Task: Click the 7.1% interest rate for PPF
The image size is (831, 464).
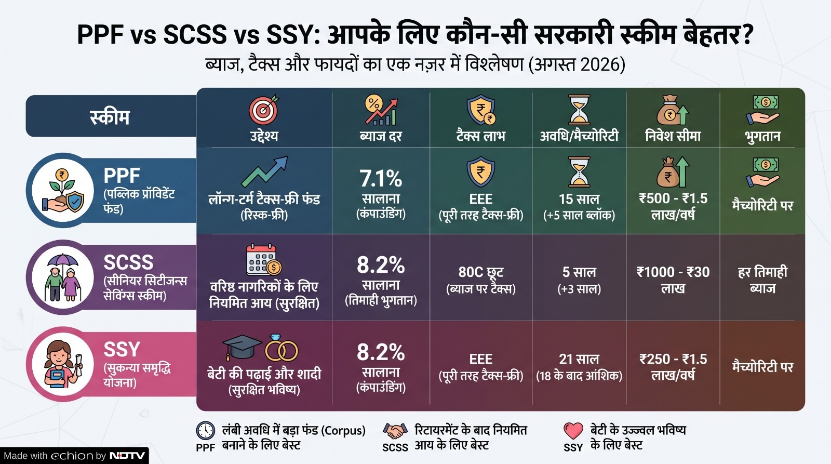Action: tap(381, 179)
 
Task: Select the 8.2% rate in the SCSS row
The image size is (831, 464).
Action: tap(381, 265)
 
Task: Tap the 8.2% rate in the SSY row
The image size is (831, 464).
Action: tap(381, 352)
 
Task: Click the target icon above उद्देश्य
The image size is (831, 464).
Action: tap(264, 110)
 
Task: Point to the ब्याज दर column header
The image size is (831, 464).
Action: tap(381, 136)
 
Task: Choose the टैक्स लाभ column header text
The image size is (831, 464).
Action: tap(481, 136)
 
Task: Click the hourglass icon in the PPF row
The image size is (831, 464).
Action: tap(579, 171)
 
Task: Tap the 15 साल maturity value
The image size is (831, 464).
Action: tap(579, 199)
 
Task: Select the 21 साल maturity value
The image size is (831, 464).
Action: tap(579, 360)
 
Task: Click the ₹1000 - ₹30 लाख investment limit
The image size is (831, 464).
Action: tap(673, 280)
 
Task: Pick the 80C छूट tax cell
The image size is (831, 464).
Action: tap(481, 272)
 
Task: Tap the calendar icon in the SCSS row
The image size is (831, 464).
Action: tap(263, 260)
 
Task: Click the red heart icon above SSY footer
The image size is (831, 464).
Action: tap(573, 431)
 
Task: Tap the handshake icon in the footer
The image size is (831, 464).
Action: tap(395, 431)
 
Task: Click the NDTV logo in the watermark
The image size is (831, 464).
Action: tap(127, 456)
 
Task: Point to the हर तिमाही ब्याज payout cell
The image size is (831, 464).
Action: tap(762, 280)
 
